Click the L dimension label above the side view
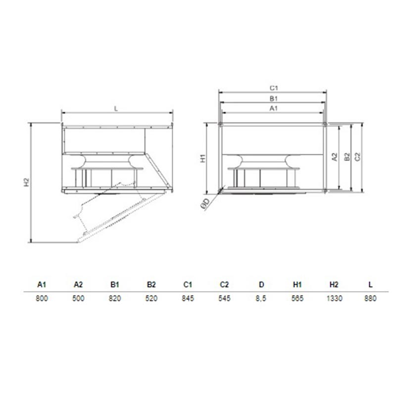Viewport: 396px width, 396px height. pyautogui.click(x=116, y=109)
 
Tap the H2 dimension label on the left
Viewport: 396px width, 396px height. pyautogui.click(x=27, y=182)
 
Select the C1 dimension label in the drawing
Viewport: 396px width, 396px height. pyautogui.click(x=274, y=88)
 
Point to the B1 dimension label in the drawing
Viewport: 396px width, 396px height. pyautogui.click(x=274, y=99)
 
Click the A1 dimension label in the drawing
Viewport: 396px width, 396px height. pyautogui.click(x=274, y=108)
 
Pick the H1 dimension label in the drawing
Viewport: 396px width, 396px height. pyautogui.click(x=203, y=158)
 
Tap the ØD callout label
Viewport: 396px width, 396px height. pyautogui.click(x=205, y=204)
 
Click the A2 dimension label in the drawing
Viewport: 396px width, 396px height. pyautogui.click(x=335, y=157)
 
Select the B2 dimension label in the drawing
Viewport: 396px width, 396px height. pyautogui.click(x=347, y=157)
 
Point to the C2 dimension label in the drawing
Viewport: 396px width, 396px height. pyautogui.click(x=357, y=157)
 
